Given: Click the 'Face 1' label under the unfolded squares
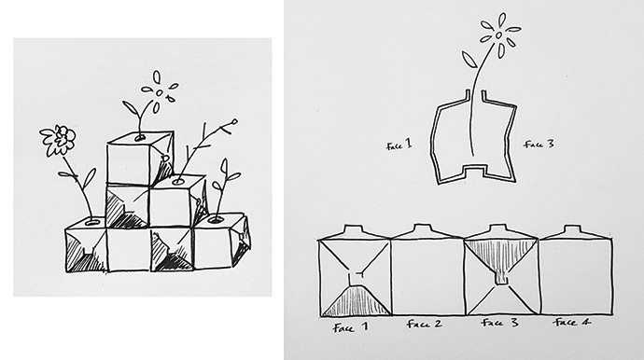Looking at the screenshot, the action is click(351, 327).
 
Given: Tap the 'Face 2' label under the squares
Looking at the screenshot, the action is click(425, 324).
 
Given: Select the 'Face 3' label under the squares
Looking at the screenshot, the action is click(499, 323).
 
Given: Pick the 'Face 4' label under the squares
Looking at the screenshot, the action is click(572, 323).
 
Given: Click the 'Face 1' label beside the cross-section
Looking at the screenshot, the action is click(399, 145).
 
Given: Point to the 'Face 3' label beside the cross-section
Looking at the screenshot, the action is click(539, 144).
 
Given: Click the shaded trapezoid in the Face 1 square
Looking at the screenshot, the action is click(356, 301).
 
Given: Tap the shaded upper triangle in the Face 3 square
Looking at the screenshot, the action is click(500, 255).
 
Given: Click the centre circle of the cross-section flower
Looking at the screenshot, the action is click(498, 35).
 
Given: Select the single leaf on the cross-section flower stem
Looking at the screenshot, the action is click(469, 59).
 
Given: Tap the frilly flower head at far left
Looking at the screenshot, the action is click(58, 140).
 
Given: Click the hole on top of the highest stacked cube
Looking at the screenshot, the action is click(140, 137).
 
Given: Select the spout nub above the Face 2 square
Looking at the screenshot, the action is click(423, 229).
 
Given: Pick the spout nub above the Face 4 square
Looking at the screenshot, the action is click(571, 229).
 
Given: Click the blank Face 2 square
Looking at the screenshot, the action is click(427, 278).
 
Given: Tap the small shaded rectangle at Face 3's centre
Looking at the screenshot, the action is click(501, 277).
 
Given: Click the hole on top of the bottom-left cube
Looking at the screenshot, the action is click(92, 222).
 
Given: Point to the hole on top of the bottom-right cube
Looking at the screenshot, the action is click(216, 220).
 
